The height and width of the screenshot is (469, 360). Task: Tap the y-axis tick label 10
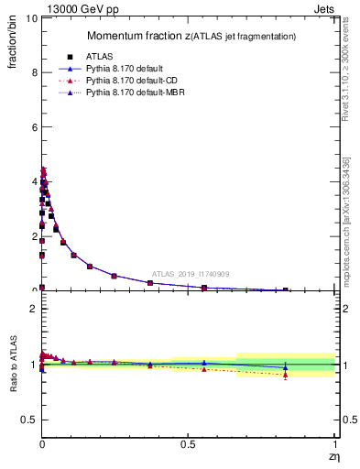[30, 18]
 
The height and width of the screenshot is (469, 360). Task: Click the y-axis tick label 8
[33, 72]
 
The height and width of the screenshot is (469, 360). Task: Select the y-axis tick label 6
[33, 127]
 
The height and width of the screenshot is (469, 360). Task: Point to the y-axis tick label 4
[33, 181]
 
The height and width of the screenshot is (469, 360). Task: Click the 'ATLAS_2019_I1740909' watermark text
[191, 274]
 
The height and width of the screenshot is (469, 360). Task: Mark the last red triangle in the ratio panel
[286, 375]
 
